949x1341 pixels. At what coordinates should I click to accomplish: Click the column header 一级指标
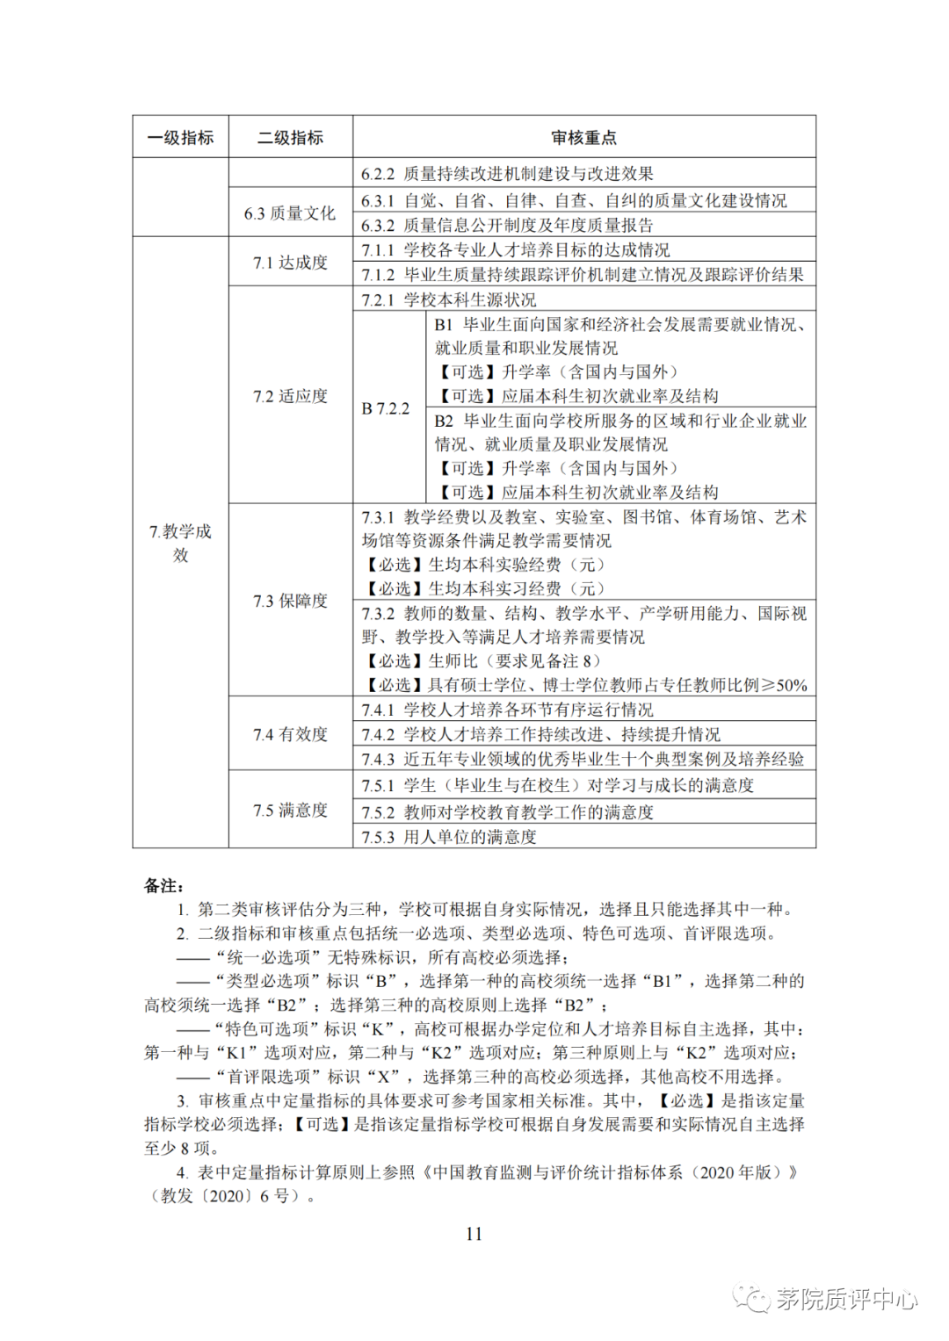tap(180, 137)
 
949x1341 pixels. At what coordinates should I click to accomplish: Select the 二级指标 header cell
tap(290, 137)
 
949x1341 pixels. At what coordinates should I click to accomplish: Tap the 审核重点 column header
tap(583, 137)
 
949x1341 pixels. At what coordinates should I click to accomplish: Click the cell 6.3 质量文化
tap(290, 213)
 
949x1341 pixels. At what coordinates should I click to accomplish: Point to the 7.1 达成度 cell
tap(290, 263)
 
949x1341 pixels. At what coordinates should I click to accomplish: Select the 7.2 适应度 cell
tap(290, 396)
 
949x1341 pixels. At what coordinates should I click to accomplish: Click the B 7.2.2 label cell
tap(386, 408)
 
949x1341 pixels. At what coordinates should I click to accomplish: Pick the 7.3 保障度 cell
tap(290, 601)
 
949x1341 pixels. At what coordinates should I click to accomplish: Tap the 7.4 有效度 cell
tap(290, 734)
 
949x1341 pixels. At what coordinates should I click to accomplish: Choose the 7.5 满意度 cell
tap(290, 810)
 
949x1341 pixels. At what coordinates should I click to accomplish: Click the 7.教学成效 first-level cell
tap(180, 543)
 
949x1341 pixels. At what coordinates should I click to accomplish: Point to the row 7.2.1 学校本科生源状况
tap(449, 299)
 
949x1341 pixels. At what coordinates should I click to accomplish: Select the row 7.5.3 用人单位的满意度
tap(449, 837)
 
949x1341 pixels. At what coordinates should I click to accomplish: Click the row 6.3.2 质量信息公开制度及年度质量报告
tap(508, 226)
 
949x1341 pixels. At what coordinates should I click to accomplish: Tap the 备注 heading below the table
tap(163, 885)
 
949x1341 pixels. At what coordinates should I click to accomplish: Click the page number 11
tap(474, 1234)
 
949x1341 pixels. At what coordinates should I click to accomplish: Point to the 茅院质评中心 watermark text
tap(845, 1299)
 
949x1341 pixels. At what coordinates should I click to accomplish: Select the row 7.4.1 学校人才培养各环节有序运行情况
tap(508, 710)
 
